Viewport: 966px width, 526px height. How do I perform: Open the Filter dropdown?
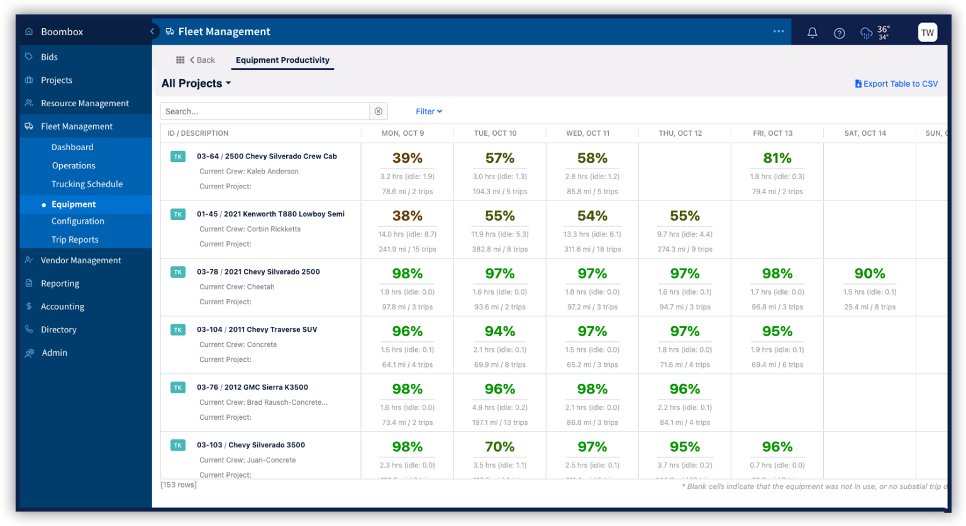(428, 111)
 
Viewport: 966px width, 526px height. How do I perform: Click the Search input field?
(264, 111)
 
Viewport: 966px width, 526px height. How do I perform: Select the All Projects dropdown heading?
(196, 84)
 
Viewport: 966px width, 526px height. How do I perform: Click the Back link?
(203, 60)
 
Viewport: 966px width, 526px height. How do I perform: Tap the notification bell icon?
(812, 33)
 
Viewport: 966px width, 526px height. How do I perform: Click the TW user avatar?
(927, 33)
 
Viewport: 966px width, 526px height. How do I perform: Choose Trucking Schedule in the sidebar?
(87, 184)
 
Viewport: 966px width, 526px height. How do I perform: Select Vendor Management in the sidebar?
(80, 260)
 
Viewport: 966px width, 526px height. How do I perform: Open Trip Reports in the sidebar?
(75, 239)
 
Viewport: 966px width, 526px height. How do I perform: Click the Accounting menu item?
(62, 307)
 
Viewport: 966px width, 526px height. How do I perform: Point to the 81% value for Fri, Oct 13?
(777, 158)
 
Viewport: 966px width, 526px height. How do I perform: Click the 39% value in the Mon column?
(407, 158)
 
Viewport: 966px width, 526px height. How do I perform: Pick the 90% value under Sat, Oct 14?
(869, 274)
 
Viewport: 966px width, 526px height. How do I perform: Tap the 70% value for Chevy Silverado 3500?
(499, 447)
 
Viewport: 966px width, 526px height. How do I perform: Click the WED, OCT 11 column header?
(587, 133)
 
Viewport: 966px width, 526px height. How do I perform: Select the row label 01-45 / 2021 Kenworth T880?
(270, 214)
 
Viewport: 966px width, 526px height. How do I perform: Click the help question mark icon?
(839, 33)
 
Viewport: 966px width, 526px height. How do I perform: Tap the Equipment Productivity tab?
(282, 60)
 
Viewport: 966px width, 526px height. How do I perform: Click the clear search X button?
(379, 111)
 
